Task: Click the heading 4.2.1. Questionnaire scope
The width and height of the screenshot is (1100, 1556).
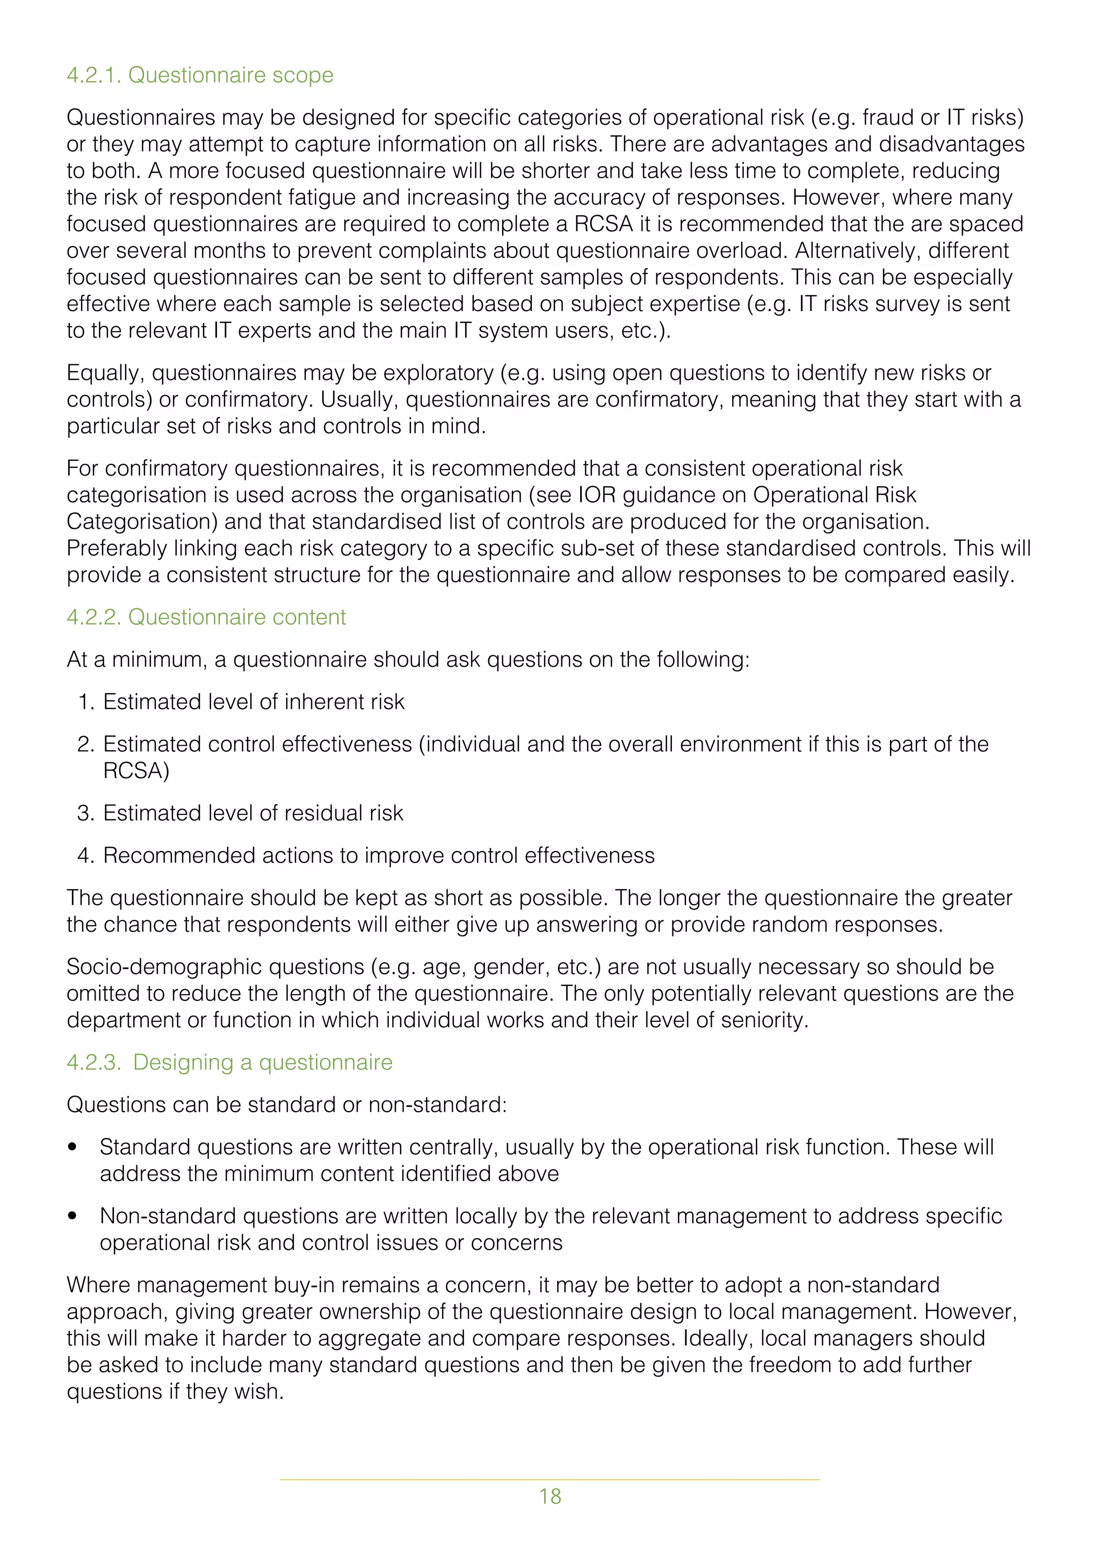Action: pyautogui.click(x=200, y=75)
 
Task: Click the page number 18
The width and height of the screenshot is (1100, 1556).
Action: pyautogui.click(x=549, y=1496)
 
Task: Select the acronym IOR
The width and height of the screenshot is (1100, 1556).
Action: pyautogui.click(x=596, y=495)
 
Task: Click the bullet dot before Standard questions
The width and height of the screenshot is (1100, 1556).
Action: pyautogui.click(x=72, y=1147)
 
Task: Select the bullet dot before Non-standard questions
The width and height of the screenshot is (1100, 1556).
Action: pyautogui.click(x=72, y=1216)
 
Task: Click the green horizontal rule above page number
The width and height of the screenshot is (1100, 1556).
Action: pyautogui.click(x=549, y=1479)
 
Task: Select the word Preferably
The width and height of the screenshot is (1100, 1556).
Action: pyautogui.click(x=117, y=548)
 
